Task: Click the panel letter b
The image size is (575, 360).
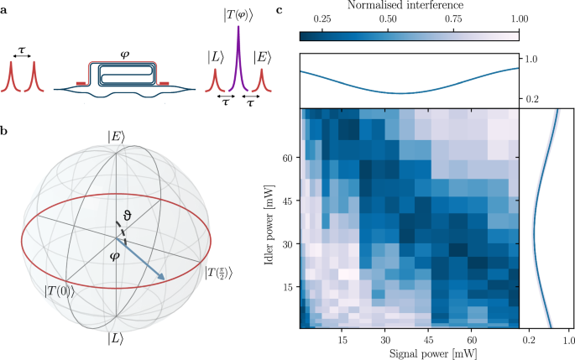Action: [6, 131]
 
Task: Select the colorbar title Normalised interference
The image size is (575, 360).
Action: [408, 7]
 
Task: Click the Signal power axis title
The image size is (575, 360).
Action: [408, 353]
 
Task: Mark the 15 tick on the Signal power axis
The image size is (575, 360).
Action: [342, 340]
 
